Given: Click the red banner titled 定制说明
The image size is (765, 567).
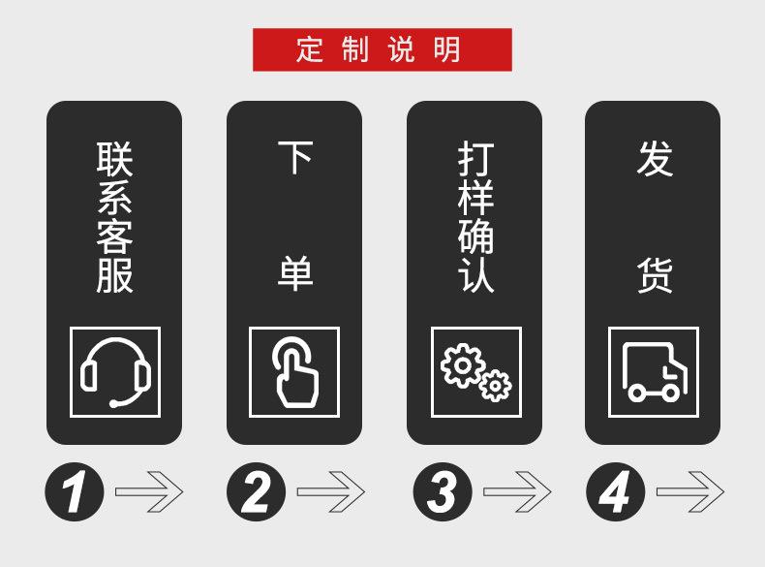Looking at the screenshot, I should (382, 49).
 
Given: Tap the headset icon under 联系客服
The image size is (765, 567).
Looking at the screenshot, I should (114, 372).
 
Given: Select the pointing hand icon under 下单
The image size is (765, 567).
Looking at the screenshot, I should (294, 372).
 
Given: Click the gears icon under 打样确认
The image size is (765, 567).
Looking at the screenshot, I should (475, 372).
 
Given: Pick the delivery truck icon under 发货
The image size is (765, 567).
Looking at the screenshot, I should (654, 372).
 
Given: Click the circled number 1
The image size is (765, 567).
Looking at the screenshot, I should (74, 492).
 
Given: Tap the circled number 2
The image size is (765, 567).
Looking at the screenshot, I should (256, 492).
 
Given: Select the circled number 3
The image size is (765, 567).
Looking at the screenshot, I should (442, 492).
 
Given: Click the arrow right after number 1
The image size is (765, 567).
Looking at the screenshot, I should (149, 492).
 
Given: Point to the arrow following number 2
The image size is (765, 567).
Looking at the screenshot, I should (330, 492).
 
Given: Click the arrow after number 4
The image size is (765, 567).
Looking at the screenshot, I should (690, 492).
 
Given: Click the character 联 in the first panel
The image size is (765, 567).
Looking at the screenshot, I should (114, 159).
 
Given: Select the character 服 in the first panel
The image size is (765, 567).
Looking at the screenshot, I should (114, 275).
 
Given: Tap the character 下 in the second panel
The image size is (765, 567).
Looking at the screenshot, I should (294, 158).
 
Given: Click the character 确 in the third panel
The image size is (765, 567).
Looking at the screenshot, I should (475, 237).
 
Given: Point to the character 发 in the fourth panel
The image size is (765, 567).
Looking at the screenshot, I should (655, 159).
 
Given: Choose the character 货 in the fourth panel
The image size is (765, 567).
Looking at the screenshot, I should (655, 275).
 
